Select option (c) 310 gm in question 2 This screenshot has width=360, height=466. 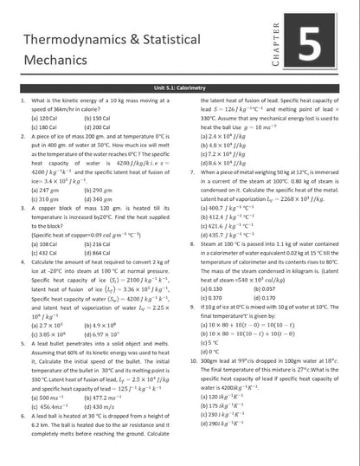42,199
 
